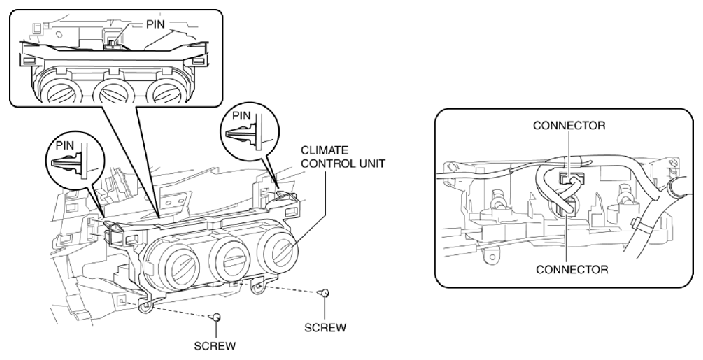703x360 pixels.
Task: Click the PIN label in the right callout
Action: point(240,109)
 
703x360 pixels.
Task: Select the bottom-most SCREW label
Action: point(218,349)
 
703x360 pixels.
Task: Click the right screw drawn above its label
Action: point(324,293)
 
